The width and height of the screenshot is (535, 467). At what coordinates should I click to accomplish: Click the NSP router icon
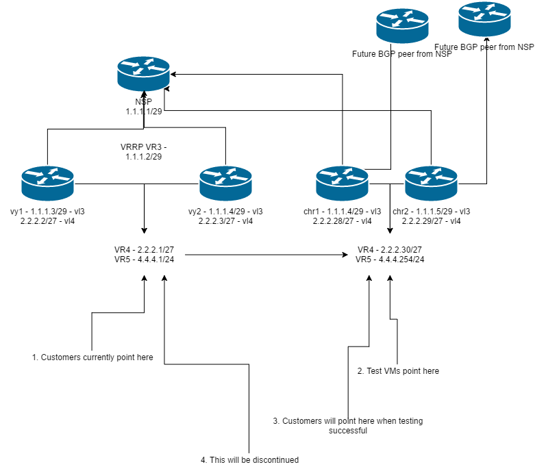[x=143, y=75]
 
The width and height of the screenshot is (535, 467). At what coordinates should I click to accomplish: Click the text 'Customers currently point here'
[x=92, y=357]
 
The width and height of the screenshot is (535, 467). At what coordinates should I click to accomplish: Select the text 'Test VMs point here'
[x=398, y=370]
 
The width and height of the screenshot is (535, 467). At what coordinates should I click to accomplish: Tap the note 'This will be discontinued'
[x=249, y=460]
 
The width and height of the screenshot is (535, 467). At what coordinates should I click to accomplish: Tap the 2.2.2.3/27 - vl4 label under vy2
[x=225, y=221]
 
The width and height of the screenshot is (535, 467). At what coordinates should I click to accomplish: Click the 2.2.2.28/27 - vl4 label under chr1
[x=342, y=221]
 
